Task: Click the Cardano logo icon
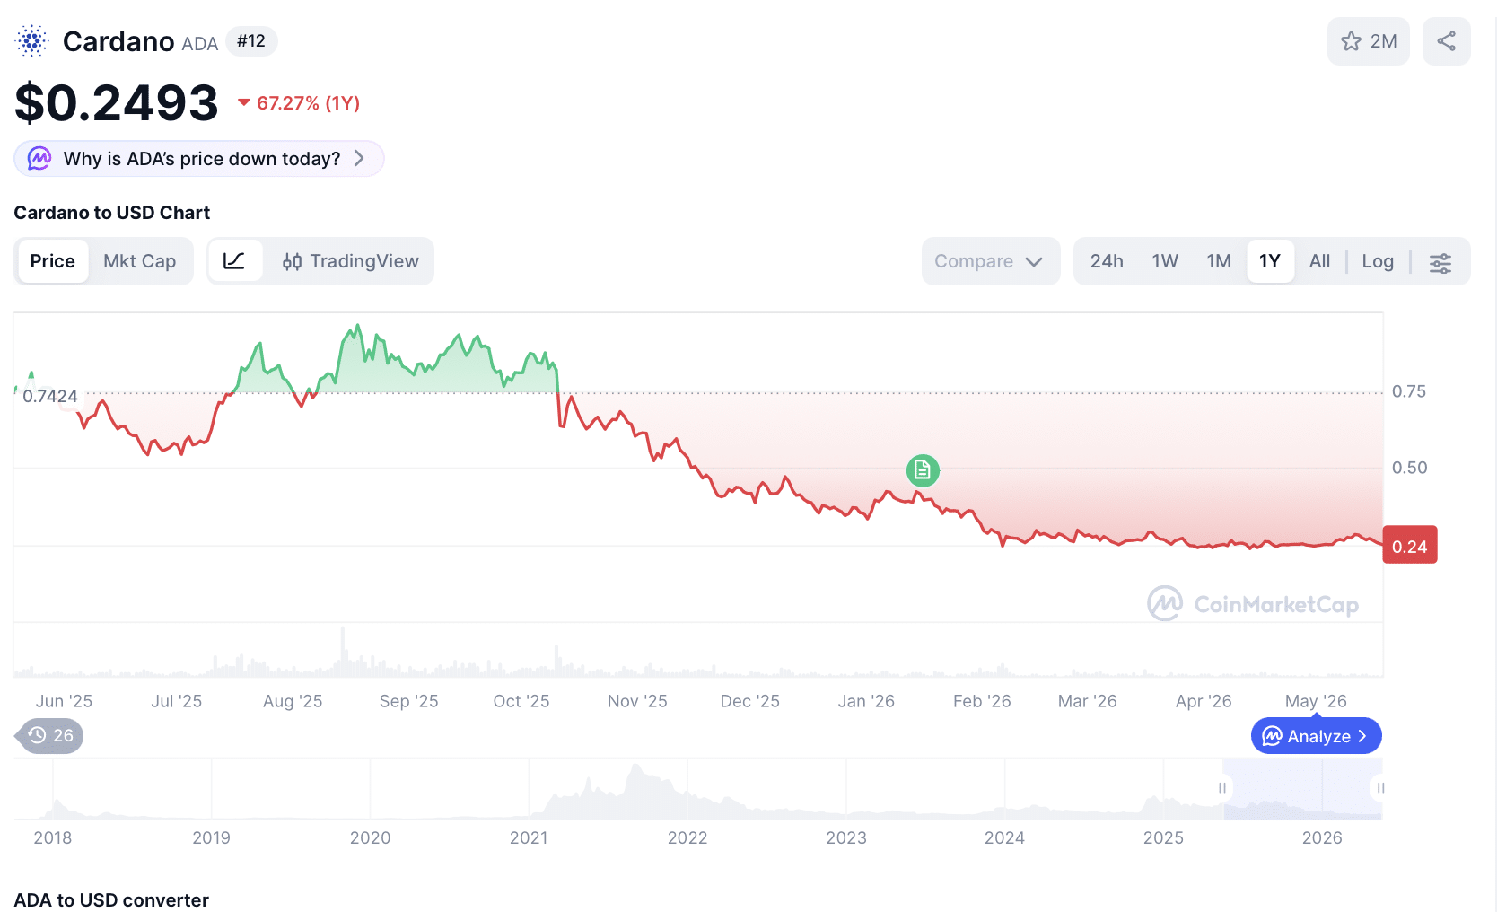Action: point(31,41)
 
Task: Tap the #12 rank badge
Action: point(250,41)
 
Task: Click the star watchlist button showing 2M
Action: point(1368,41)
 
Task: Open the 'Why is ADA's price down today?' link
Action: point(199,159)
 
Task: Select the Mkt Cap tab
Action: point(139,261)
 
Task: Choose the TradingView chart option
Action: point(350,261)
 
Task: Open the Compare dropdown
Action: point(990,261)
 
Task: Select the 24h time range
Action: point(1106,261)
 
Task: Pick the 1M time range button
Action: point(1218,261)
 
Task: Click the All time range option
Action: point(1319,261)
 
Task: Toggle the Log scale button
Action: point(1378,261)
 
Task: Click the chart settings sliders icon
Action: point(1440,262)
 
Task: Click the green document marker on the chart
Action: point(923,470)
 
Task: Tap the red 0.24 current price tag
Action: point(1410,546)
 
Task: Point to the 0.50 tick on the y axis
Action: point(1409,468)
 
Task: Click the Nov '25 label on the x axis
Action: point(636,701)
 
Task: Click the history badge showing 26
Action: point(49,735)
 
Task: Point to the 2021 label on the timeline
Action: point(529,838)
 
